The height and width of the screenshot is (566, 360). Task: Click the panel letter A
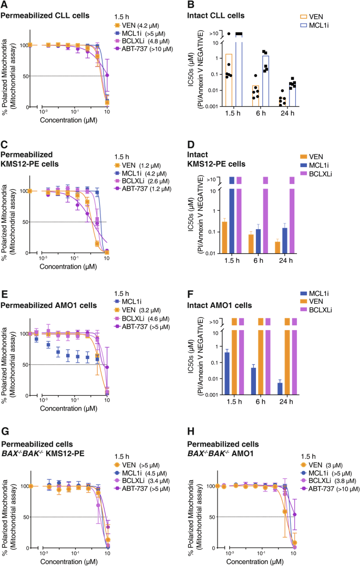pos(4,5)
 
